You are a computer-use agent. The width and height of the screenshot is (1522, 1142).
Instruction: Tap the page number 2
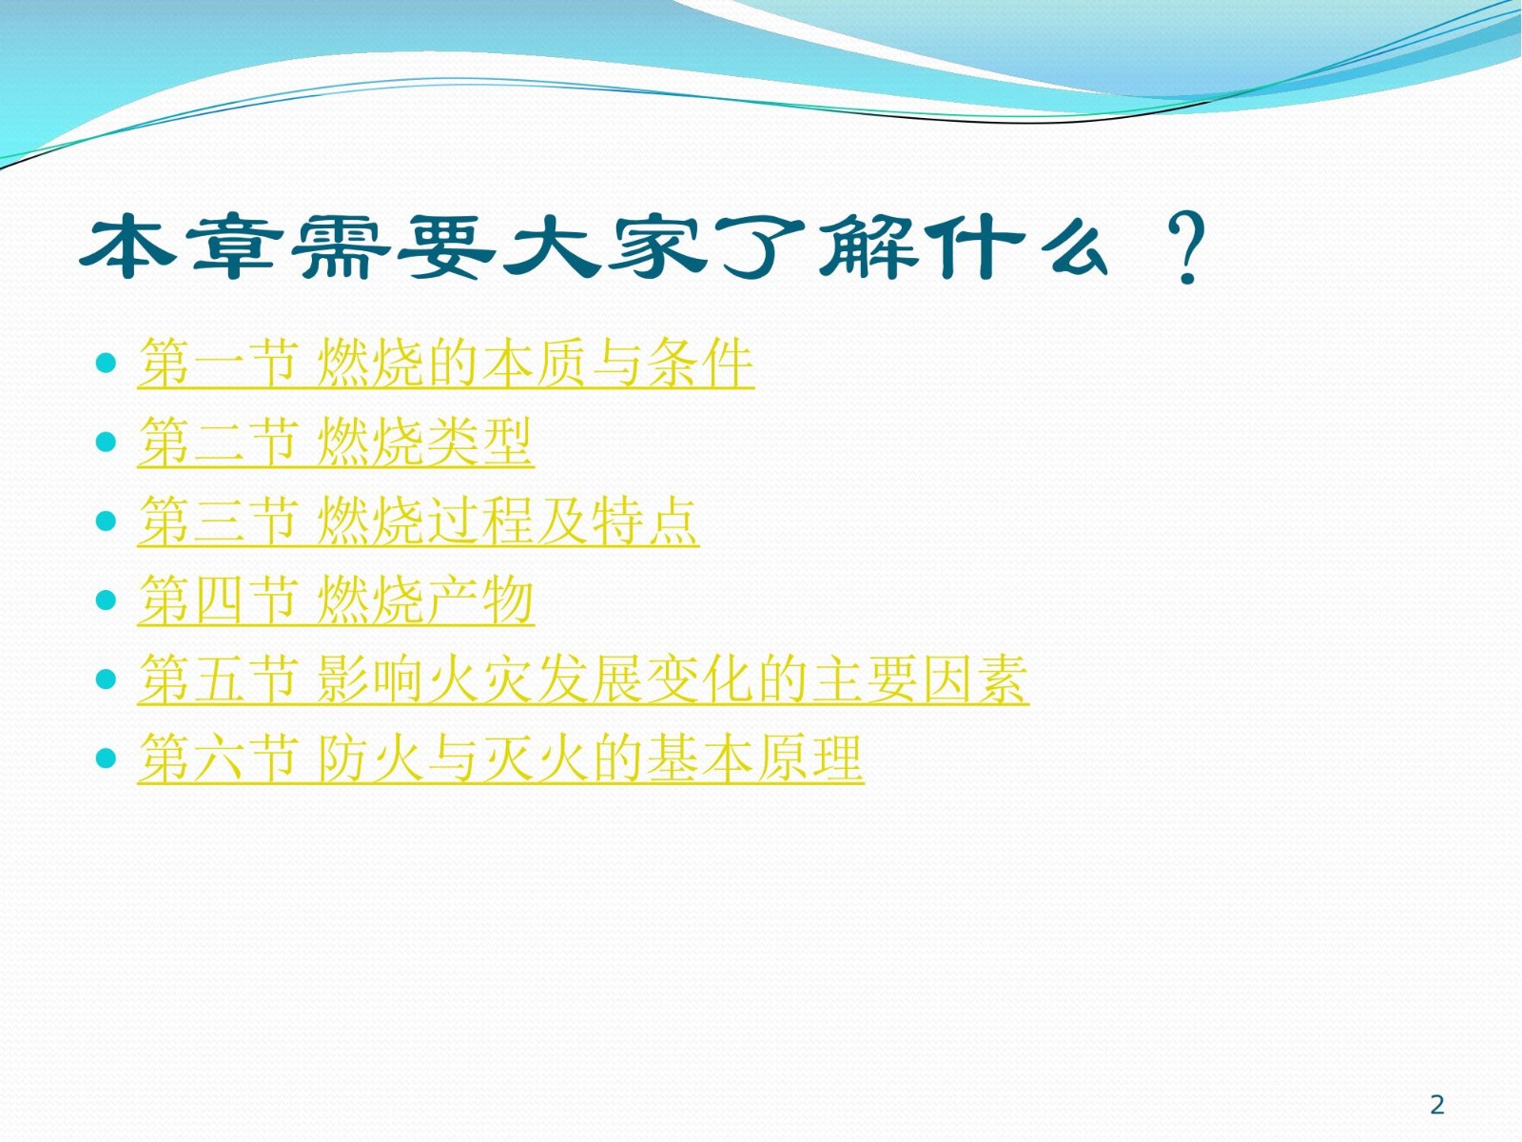[1437, 1104]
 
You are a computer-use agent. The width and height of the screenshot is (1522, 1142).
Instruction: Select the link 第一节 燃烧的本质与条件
[446, 363]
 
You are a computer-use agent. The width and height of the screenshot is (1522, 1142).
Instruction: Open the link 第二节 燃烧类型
[336, 442]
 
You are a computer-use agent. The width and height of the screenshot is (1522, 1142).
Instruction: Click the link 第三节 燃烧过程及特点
[419, 520]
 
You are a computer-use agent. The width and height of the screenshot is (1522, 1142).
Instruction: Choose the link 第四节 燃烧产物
[336, 600]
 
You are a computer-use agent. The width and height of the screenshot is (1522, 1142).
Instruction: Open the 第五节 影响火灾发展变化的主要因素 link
[583, 679]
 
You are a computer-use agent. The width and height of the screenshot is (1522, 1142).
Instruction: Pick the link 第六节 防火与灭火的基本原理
[500, 758]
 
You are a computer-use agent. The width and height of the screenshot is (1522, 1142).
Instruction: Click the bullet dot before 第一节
[106, 363]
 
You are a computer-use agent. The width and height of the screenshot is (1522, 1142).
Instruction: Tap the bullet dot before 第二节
[106, 442]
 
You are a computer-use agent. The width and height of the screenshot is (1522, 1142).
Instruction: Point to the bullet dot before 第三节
[106, 521]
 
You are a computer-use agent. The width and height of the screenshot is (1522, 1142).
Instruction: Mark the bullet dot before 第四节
[106, 600]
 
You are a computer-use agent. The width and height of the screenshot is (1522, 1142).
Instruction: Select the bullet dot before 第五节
[106, 679]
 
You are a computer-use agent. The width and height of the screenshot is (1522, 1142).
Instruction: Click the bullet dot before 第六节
[106, 758]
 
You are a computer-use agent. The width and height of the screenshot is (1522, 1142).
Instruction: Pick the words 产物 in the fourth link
[479, 600]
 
